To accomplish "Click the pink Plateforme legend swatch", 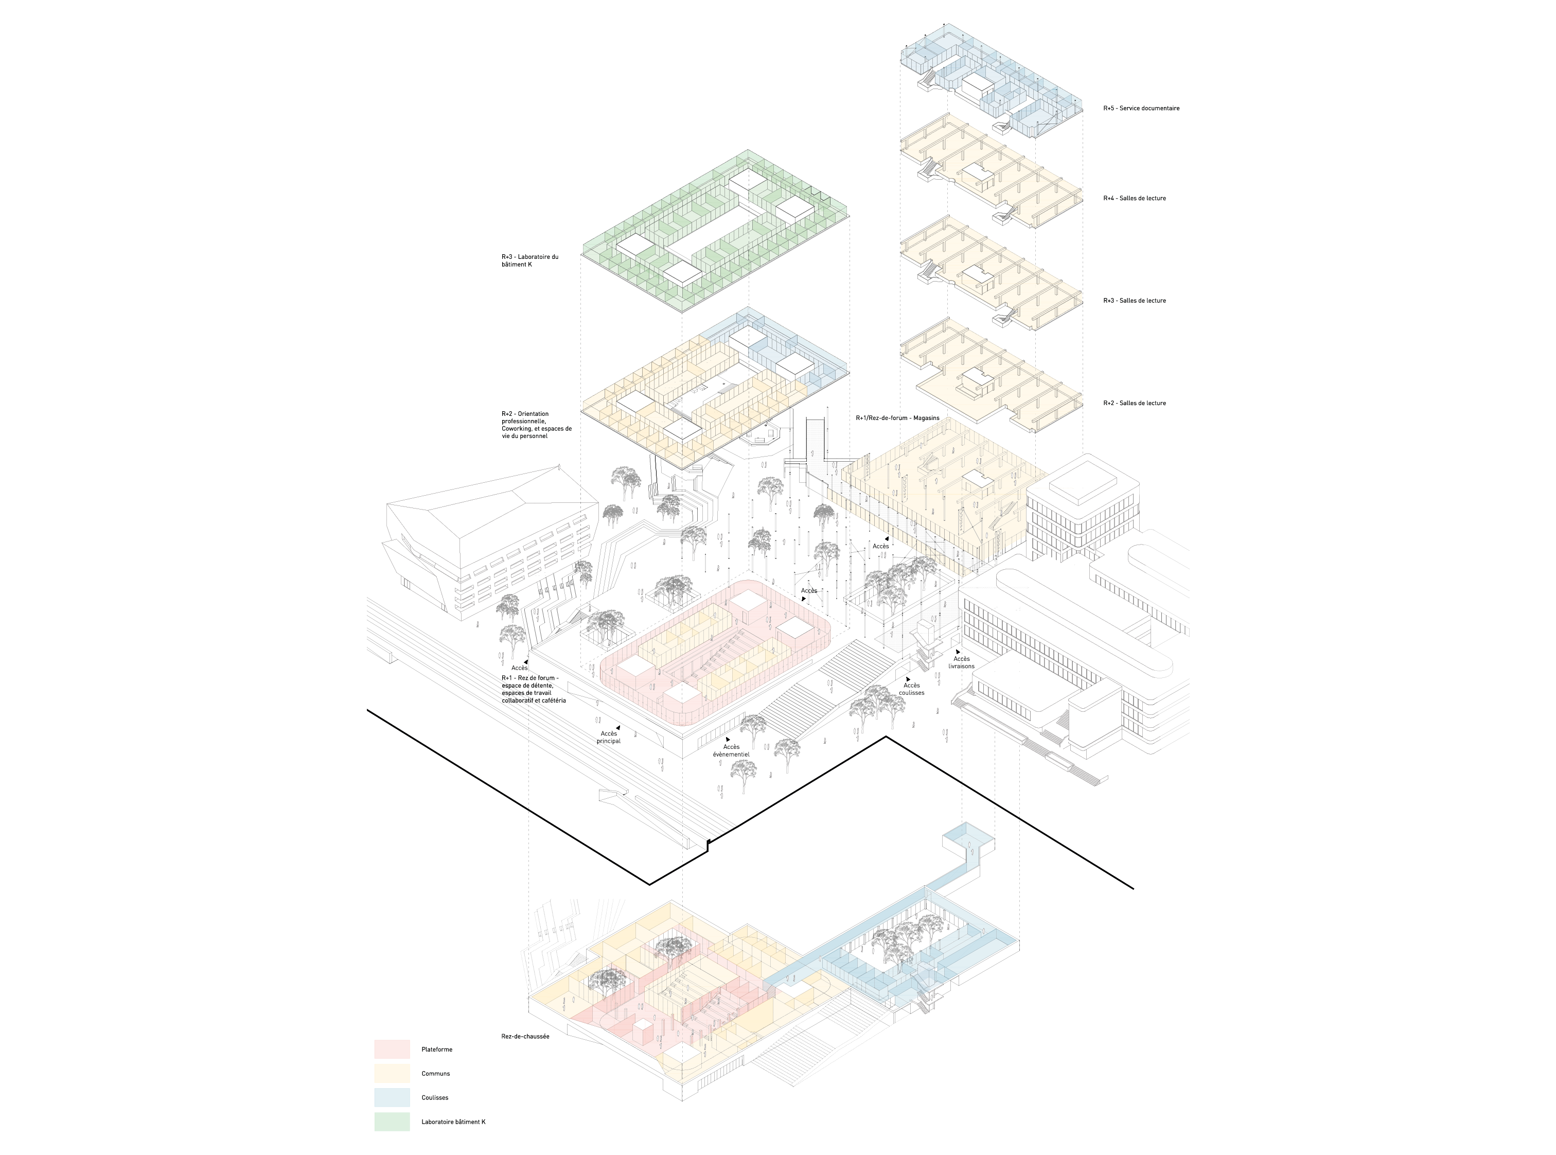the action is [x=392, y=1049].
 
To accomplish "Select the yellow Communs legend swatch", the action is [x=392, y=1073].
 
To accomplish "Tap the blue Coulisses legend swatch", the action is [x=392, y=1097].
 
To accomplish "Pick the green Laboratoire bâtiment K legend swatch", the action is [x=392, y=1122].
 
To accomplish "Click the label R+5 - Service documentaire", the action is [x=1141, y=109].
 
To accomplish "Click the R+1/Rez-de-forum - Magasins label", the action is [x=897, y=418].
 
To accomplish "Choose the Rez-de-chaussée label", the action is [x=525, y=1036].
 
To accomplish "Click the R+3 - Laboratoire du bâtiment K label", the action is [x=530, y=261].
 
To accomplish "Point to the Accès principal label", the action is [x=609, y=737].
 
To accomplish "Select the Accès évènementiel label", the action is [x=731, y=750].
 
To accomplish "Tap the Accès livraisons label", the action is [x=961, y=662].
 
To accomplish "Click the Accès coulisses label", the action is [x=911, y=689].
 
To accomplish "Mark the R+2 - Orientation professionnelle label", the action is [x=536, y=425].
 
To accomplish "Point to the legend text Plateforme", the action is [x=437, y=1049].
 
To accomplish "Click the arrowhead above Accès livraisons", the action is [x=958, y=652].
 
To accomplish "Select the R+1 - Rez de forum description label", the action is [x=534, y=689].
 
